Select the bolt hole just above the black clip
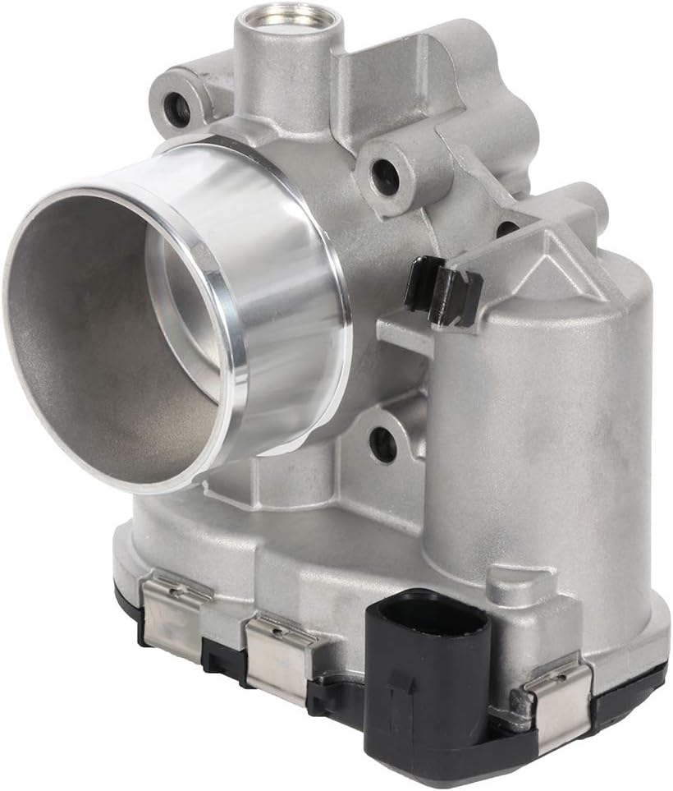tap(382, 172)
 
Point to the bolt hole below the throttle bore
tap(382, 444)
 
